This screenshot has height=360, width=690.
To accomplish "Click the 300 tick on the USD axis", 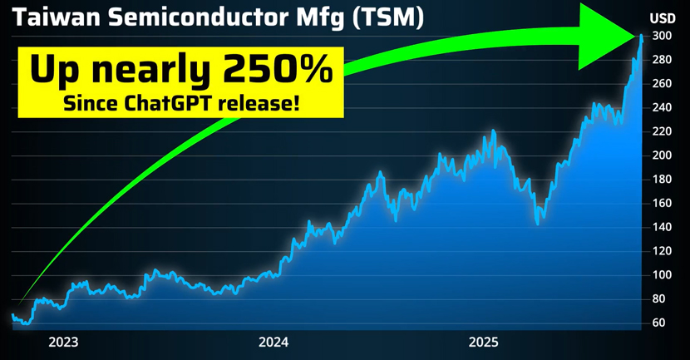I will coord(663,36).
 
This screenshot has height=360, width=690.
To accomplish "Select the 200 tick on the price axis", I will coord(663,155).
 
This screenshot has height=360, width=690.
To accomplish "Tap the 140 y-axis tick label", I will coord(663,227).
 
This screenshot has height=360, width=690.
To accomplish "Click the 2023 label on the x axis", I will coord(63,342).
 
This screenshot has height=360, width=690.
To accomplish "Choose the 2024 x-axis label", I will coord(274,342).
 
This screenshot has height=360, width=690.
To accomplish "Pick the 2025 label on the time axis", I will coord(483,342).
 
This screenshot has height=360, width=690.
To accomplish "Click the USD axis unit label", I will coord(663,17).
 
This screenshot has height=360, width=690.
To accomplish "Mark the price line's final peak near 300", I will coord(641,38).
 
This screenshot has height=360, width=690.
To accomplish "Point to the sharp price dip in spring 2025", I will coord(538,223).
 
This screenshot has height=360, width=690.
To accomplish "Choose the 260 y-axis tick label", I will coord(663,84).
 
